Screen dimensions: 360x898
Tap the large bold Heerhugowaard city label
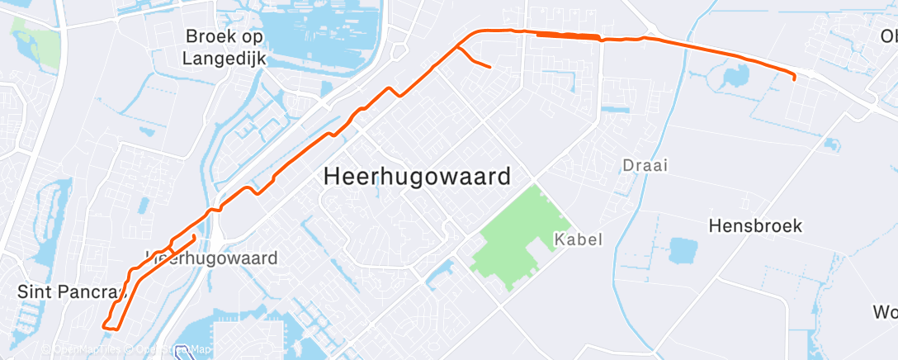click(x=417, y=177)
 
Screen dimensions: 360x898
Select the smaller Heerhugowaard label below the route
click(x=213, y=258)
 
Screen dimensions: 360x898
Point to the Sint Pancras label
click(x=70, y=291)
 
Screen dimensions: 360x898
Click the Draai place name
click(x=645, y=165)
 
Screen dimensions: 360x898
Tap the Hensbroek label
click(x=756, y=226)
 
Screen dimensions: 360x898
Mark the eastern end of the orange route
click(x=794, y=78)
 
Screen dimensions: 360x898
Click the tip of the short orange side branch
click(x=490, y=66)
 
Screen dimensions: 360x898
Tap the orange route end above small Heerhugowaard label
click(x=195, y=237)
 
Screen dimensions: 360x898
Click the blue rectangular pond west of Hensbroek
click(x=683, y=250)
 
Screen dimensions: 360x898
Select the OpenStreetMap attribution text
click(x=169, y=350)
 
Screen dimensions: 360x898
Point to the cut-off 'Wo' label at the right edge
click(x=884, y=313)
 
